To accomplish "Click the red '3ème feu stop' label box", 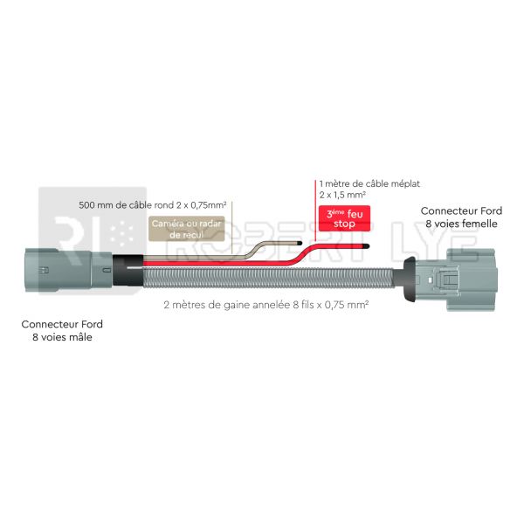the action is pos(344,218).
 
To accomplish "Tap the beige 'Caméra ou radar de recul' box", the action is pos(187,229).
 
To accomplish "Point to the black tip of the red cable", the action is pos(366,246).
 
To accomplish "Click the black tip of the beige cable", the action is pos(300,243).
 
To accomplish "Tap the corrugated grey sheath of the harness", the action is pos(268,278).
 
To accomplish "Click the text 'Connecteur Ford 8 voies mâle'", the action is pos(62,330).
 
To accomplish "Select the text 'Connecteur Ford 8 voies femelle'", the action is pos(461,217).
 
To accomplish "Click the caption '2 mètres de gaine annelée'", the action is pos(227,305).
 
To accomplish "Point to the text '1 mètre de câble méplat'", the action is pos(369,183).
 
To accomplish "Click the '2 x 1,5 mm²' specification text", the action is pos(342,195).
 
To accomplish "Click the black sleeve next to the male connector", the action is pos(128,271).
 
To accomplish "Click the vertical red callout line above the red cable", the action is pos(315,210).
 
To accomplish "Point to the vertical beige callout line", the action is pos(232,228).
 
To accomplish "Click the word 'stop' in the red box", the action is pos(344,224).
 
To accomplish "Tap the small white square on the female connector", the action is pos(431,279).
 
